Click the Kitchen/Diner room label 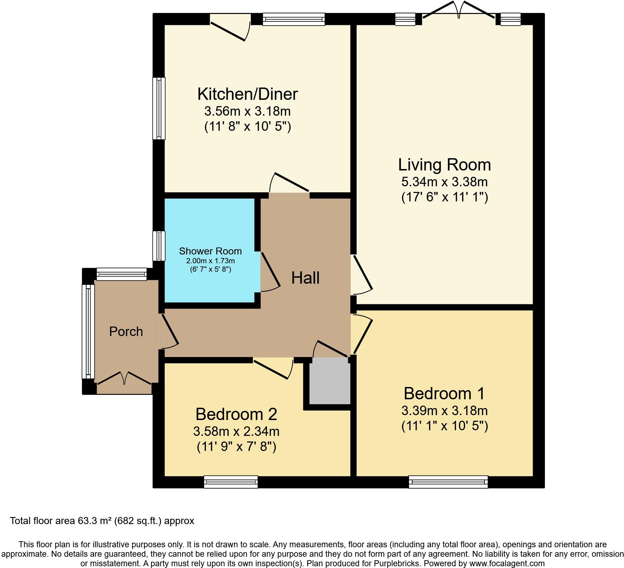click(247, 94)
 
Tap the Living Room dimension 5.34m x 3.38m click(444, 182)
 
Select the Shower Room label click(210, 251)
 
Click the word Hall click(305, 278)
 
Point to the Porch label click(126, 331)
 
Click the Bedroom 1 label click(444, 393)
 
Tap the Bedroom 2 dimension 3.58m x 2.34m click(236, 431)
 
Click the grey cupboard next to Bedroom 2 click(330, 383)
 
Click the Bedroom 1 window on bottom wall click(448, 482)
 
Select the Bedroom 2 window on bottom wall click(231, 482)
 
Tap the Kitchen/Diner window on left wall click(159, 108)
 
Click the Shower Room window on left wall click(159, 246)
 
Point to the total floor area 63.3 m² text click(102, 521)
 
